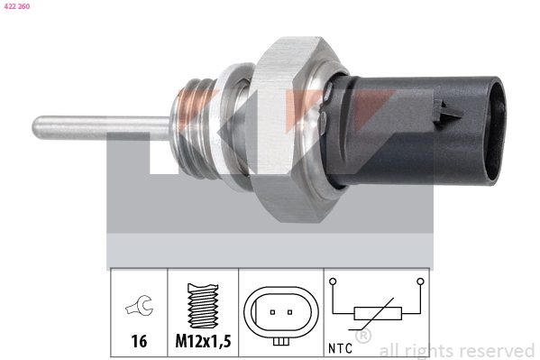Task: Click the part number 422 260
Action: tap(16, 6)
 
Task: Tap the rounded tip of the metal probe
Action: tap(39, 124)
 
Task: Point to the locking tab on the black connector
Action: tap(443, 112)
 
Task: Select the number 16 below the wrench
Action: tap(139, 343)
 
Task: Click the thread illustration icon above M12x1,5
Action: tap(203, 308)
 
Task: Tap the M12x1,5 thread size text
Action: tap(203, 343)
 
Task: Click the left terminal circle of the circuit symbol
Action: tap(334, 282)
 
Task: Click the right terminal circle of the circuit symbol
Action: tap(420, 282)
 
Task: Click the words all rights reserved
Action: tap(456, 350)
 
